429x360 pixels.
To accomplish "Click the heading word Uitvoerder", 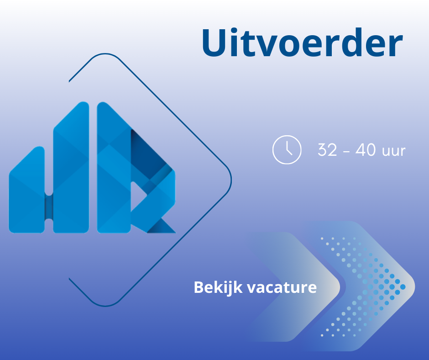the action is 302,43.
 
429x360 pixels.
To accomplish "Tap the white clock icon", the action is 287,149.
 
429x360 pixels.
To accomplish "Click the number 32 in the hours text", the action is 327,150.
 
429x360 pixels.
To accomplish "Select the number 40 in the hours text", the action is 366,150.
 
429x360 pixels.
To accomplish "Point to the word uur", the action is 393,152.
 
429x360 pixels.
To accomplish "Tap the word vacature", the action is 282,288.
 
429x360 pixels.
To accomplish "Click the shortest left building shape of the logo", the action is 27,190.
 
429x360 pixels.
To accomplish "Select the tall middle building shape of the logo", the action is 71,167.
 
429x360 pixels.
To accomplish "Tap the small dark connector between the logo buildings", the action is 49,207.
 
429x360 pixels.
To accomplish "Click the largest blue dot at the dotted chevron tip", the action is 403,287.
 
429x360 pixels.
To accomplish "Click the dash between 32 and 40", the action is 346,151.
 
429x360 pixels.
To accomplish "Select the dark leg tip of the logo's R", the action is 162,226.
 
